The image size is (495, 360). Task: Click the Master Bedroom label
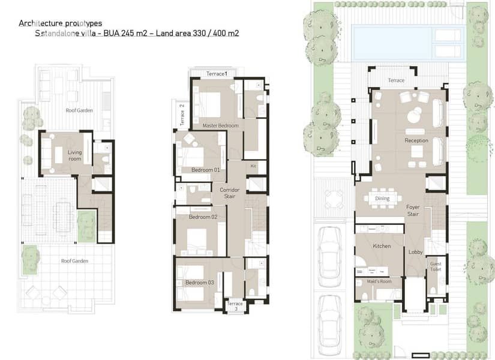coord(220,125)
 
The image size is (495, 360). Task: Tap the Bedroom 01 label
coord(206,170)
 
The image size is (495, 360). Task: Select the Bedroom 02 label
coord(203,217)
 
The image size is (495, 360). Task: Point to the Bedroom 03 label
coord(200,283)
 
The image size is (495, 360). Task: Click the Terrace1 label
coord(217,74)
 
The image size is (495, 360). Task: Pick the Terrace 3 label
coord(235,306)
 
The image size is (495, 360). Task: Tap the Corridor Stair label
coord(230,193)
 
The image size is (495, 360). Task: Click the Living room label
coord(75,155)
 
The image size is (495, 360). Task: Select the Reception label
coord(416,140)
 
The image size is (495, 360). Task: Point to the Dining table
coord(383,199)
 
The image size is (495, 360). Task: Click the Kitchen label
coord(382,246)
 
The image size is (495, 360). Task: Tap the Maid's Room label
coord(379,281)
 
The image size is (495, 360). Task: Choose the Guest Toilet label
coord(436,266)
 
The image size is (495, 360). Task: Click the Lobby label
coord(415,252)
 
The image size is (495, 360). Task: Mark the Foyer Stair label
coord(413,211)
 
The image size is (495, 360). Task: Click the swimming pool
coord(408,43)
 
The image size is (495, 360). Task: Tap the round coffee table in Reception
coord(414,115)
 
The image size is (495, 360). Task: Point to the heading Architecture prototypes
coord(60,23)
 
